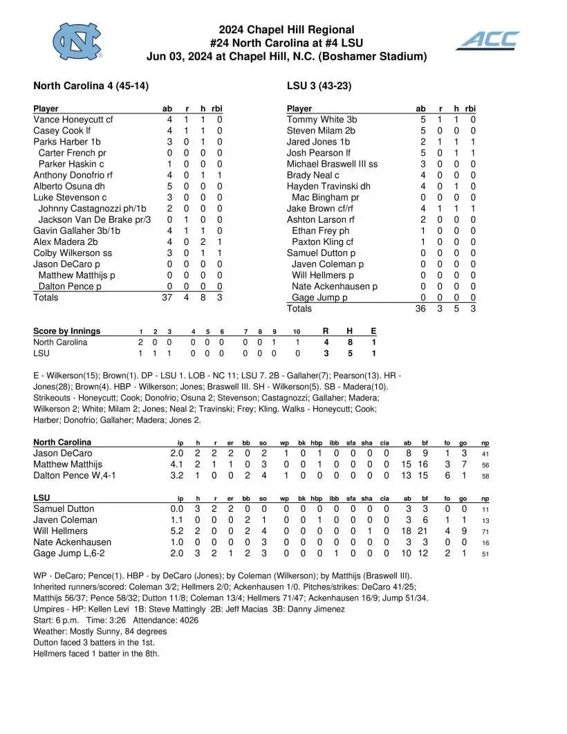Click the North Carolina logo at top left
78,41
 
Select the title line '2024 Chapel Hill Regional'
286,30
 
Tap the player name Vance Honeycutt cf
73,120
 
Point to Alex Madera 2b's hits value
203,242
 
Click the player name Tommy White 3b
322,120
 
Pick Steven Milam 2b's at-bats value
421,131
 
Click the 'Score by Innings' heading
66,331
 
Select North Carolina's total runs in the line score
326,342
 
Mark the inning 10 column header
297,331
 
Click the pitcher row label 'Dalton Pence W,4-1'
74,476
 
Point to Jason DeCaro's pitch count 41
485,454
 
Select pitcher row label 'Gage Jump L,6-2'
69,553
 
